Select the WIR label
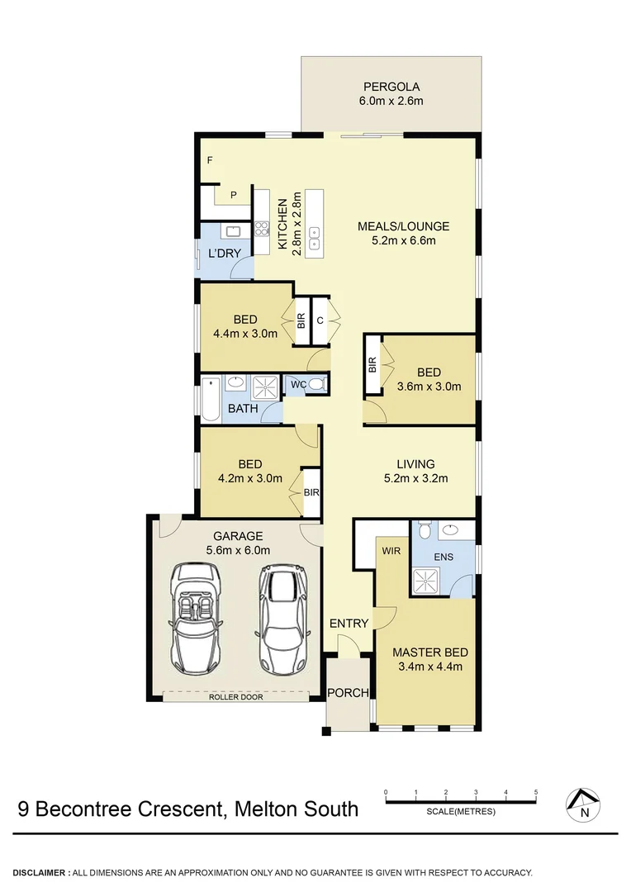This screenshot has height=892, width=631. pyautogui.click(x=390, y=548)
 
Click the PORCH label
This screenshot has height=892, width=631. pyautogui.click(x=348, y=692)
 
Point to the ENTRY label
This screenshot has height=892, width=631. pyautogui.click(x=349, y=624)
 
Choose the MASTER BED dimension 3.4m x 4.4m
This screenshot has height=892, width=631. pyautogui.click(x=427, y=667)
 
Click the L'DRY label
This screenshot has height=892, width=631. pyautogui.click(x=223, y=253)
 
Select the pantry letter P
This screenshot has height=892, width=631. pyautogui.click(x=234, y=195)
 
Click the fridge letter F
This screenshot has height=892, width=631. pyautogui.click(x=210, y=159)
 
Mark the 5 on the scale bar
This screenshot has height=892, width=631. pyautogui.click(x=536, y=792)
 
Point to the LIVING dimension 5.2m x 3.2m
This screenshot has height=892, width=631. pyautogui.click(x=415, y=477)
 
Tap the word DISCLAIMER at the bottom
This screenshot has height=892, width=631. pyautogui.click(x=40, y=873)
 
